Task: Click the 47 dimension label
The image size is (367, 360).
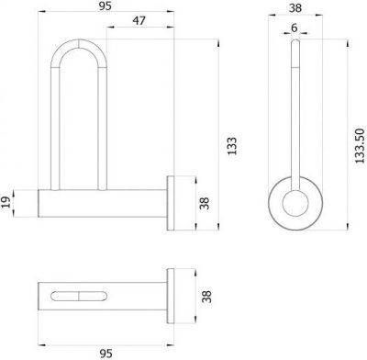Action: [139, 21]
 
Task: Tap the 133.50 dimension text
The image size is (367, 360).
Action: [361, 146]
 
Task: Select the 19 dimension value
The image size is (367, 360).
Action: [6, 202]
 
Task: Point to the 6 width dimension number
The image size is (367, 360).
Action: [294, 28]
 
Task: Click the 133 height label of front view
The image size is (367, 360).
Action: [232, 146]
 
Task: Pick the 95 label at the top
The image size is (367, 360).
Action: [106, 6]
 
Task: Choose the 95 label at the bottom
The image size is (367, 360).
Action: [106, 354]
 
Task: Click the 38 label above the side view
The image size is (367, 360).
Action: [295, 8]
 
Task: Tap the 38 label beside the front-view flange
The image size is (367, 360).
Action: [205, 203]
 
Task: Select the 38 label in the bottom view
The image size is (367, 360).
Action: [207, 297]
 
